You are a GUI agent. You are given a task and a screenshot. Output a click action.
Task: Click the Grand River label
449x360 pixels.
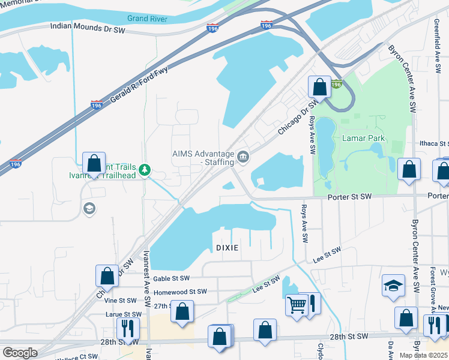tap(146, 19)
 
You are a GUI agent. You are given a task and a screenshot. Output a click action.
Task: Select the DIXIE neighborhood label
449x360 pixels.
tap(228, 248)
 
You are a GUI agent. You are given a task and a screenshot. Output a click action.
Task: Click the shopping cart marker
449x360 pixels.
tap(297, 305)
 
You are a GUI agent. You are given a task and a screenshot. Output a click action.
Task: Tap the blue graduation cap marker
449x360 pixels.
tap(393, 286)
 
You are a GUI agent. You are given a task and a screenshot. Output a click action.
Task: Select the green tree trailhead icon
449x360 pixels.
tap(144, 170)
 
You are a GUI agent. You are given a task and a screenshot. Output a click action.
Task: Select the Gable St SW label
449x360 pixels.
tap(171, 278)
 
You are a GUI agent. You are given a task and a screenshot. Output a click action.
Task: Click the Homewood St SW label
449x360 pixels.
tap(180, 292)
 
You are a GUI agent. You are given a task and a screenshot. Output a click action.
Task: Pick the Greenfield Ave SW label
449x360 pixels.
tap(436, 42)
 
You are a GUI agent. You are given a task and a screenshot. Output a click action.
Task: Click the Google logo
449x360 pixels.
tap(20, 353)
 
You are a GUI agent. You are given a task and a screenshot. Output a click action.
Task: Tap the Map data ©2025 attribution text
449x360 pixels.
tap(424, 355)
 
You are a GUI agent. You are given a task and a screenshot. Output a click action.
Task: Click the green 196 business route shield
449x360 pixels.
tap(337, 85)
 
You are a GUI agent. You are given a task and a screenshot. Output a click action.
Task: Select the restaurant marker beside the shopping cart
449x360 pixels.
tap(311, 305)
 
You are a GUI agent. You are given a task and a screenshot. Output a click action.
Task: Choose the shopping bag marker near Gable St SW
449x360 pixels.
tap(107, 276)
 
